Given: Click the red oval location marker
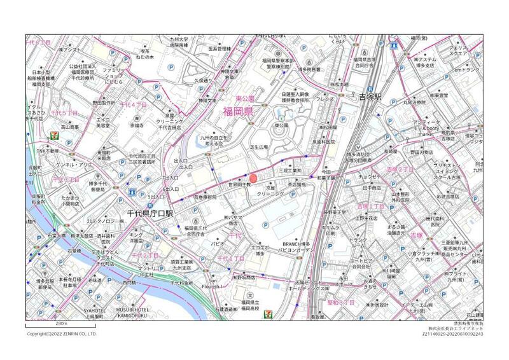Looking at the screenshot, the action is coord(253,178).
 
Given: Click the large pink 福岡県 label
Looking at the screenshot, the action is coord(239,113).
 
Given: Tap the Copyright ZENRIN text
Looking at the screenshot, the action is coord(61,333).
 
